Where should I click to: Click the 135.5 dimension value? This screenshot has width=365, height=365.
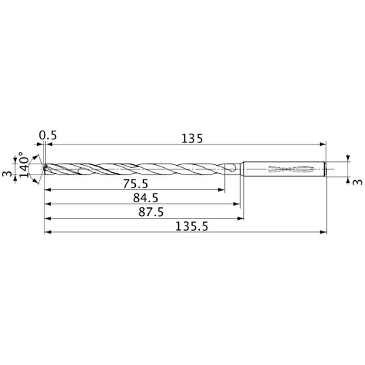tap(188, 226)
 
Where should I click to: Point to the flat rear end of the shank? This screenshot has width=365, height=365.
tap(325, 169)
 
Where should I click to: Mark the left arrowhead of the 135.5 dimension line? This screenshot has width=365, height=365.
tap(48, 233)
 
